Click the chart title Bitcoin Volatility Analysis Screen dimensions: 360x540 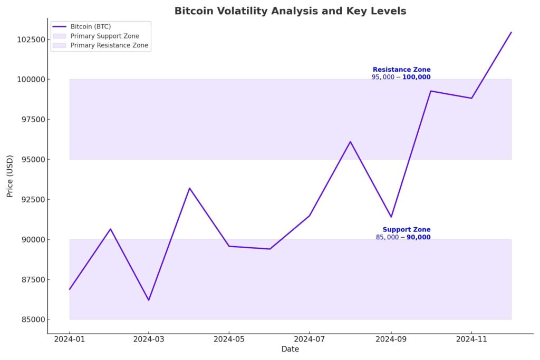(x=290, y=11)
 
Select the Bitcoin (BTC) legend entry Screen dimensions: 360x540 (x=90, y=26)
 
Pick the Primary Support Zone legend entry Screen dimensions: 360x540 (x=104, y=36)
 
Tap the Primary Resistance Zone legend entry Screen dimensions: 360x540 (x=109, y=45)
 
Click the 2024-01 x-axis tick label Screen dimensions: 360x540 (x=69, y=340)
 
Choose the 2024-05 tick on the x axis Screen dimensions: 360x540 (x=229, y=340)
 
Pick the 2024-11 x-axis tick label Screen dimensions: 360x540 (x=471, y=340)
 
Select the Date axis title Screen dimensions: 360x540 (x=290, y=349)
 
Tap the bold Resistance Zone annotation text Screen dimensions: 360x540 (x=401, y=70)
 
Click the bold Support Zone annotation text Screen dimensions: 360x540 (x=406, y=230)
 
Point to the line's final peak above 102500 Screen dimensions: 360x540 (x=511, y=32)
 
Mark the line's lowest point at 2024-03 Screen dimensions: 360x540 (x=149, y=300)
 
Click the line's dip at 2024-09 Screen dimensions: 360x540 (x=391, y=217)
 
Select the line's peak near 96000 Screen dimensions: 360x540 (x=350, y=141)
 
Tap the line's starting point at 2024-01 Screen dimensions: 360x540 (x=69, y=289)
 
